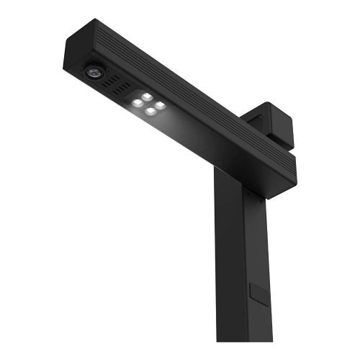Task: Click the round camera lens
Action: point(94,71)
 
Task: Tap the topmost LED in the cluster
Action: point(147,96)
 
